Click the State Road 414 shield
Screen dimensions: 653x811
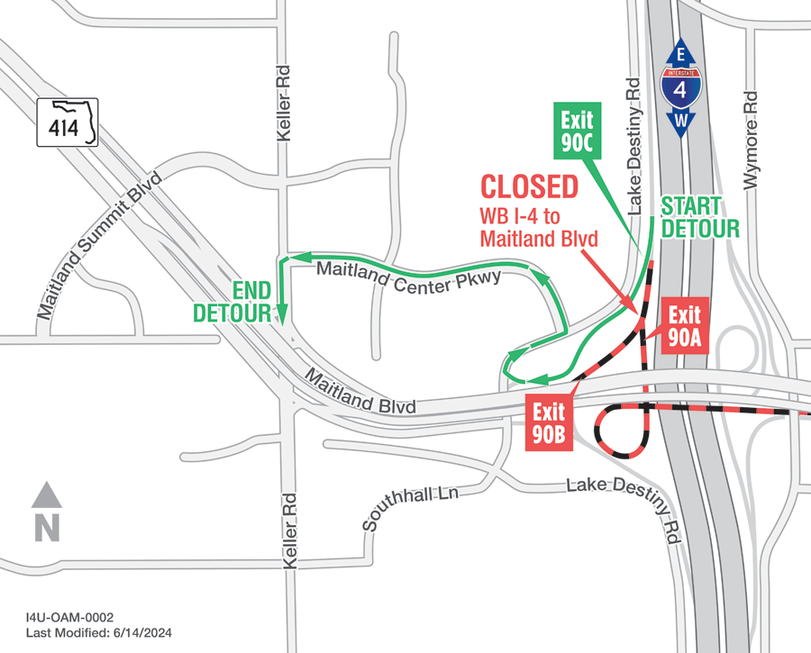pyautogui.click(x=67, y=122)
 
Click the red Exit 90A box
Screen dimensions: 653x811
pyautogui.click(x=684, y=327)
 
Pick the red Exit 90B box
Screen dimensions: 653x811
pyautogui.click(x=548, y=423)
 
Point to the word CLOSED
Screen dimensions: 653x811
pyautogui.click(x=529, y=187)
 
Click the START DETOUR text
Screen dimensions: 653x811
pyautogui.click(x=700, y=217)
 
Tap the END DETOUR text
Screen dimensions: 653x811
pyautogui.click(x=232, y=302)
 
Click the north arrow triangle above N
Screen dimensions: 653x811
pyautogui.click(x=46, y=494)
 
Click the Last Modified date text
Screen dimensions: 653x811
pyautogui.click(x=98, y=633)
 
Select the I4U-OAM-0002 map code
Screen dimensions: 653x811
pyautogui.click(x=69, y=617)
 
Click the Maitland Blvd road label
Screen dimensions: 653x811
pyautogui.click(x=361, y=394)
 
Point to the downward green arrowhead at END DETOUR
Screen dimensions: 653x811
pyautogui.click(x=282, y=316)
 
